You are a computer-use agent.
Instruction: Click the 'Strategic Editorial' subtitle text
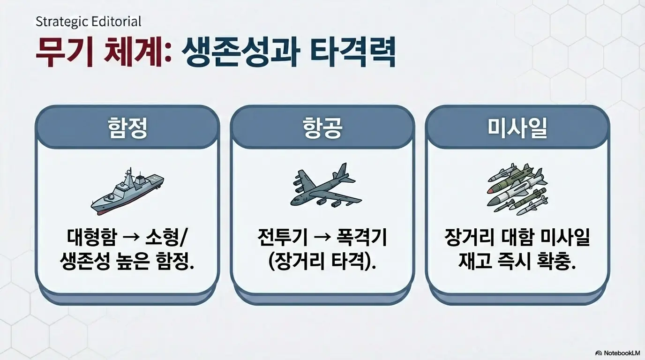coord(88,22)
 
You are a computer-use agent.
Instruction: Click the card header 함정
coord(127,127)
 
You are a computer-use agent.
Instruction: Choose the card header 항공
coord(322,127)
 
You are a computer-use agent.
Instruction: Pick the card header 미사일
coord(517,127)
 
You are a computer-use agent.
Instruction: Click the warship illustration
coord(127,192)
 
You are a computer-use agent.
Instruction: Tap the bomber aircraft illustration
coord(323,187)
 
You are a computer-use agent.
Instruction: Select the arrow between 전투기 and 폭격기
coord(322,238)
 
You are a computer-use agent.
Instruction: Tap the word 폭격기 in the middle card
coord(362,238)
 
